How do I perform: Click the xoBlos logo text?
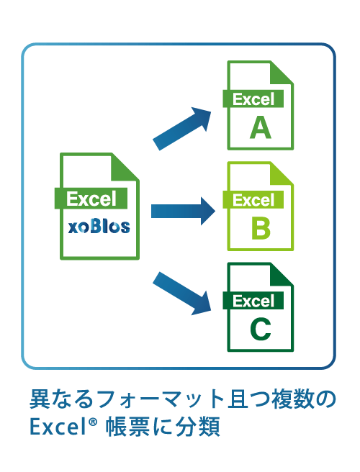point(99,227)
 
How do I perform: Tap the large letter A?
point(261,127)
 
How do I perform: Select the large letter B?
point(261,229)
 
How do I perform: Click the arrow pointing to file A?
point(182,129)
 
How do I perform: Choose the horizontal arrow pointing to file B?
point(183,211)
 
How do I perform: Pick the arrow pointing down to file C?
point(182,294)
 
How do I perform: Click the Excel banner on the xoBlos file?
point(91,199)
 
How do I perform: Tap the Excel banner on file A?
point(253,99)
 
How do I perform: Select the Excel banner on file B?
point(253,199)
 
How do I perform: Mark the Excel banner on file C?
point(253,301)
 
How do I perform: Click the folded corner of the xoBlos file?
point(125,168)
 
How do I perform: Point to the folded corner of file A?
point(281,73)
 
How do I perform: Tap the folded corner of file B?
point(281,173)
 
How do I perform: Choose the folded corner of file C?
point(281,275)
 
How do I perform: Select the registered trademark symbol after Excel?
point(94,422)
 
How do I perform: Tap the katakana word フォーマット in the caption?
point(161,399)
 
